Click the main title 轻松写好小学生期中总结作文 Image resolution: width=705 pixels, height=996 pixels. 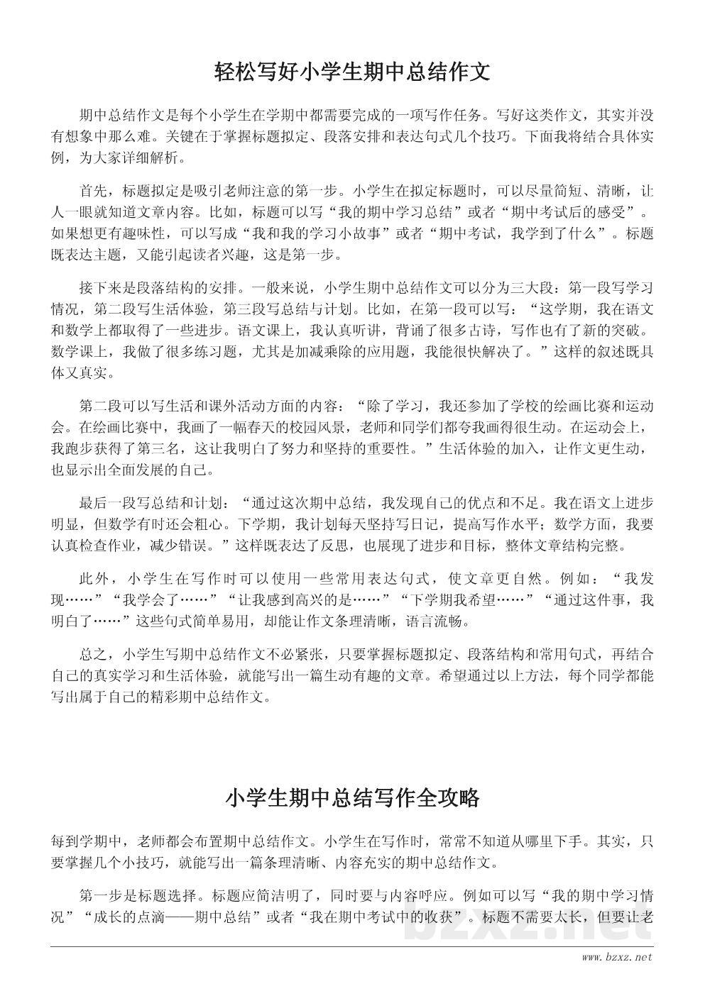352,72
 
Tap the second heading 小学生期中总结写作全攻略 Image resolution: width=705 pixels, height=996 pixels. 352,798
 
